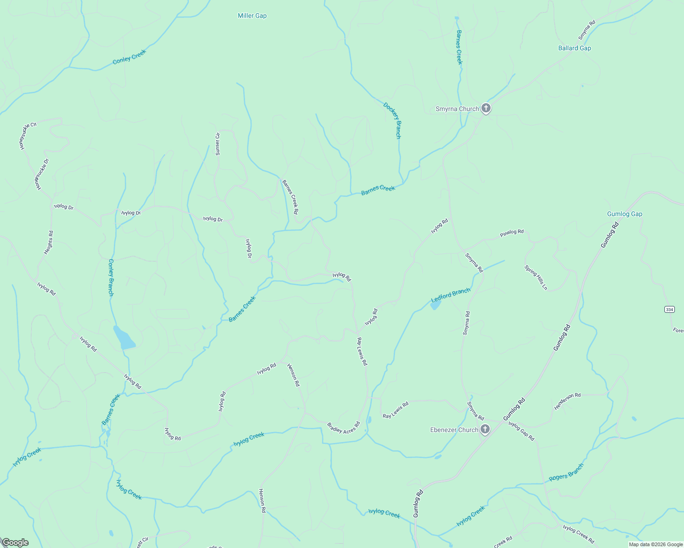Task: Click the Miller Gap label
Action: coord(252,16)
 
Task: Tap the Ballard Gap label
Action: coord(574,48)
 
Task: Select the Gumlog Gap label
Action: coord(624,214)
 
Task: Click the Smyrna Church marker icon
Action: coord(486,109)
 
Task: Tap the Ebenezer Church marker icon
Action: coord(485,429)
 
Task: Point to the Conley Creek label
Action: coord(129,57)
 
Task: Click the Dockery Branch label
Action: coord(392,121)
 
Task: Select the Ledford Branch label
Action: coord(450,295)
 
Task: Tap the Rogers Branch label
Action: coord(566,472)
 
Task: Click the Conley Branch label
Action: coord(111,278)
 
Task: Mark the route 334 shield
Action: coord(669,309)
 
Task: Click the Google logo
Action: coord(16,542)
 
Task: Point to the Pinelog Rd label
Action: coord(512,232)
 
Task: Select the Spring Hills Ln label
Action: coord(536,278)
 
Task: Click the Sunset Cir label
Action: coord(218,143)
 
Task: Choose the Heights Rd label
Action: coord(48,242)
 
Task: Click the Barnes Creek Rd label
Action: coord(290,197)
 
